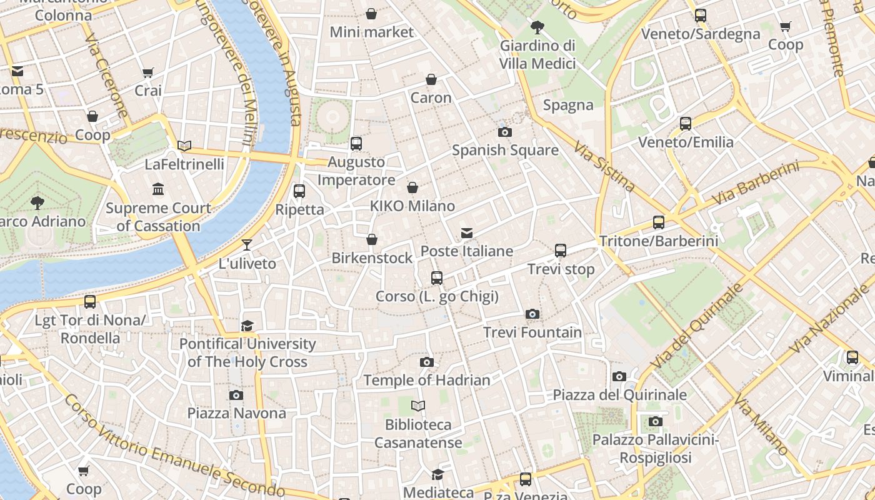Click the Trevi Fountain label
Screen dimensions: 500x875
click(x=532, y=332)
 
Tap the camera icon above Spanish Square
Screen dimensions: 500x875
click(x=504, y=132)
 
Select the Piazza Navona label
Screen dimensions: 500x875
click(x=237, y=413)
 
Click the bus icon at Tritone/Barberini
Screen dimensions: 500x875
click(x=658, y=222)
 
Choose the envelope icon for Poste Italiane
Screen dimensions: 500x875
click(x=466, y=233)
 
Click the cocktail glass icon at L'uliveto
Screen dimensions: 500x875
click(x=247, y=244)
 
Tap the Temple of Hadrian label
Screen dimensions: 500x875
click(x=427, y=380)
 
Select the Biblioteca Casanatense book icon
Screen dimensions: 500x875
click(x=418, y=406)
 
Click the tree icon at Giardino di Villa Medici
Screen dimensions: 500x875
click(x=536, y=27)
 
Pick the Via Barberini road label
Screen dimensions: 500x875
click(x=756, y=182)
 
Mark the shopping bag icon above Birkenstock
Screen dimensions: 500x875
click(x=372, y=239)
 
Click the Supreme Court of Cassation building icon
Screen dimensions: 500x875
click(x=158, y=189)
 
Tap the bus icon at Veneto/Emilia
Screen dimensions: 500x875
click(x=686, y=124)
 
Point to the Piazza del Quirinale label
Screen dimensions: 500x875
click(x=620, y=395)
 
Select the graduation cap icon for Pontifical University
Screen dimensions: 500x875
click(x=247, y=326)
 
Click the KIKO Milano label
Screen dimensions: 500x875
click(x=412, y=206)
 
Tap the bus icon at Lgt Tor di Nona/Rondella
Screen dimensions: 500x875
click(x=90, y=302)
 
